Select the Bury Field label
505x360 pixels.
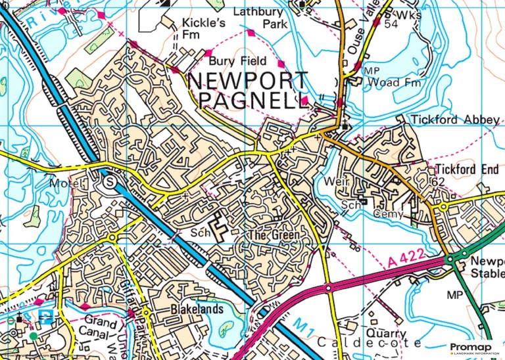tap(237, 61)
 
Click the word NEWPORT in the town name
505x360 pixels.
tap(247, 81)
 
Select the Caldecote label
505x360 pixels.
tap(369, 344)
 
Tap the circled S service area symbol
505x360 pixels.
tap(110, 181)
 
